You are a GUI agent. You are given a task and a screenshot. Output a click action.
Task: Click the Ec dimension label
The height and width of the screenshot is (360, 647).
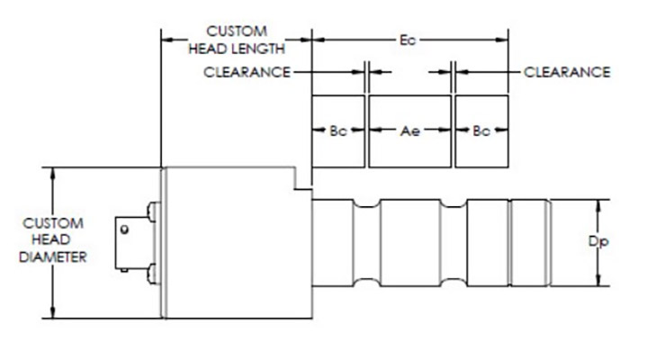408,40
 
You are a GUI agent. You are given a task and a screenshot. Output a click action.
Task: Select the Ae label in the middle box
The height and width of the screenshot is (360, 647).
410,130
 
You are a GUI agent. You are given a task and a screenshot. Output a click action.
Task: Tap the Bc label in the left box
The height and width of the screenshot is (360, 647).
337,130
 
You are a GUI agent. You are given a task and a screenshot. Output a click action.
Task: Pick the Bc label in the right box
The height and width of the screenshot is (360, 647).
481,130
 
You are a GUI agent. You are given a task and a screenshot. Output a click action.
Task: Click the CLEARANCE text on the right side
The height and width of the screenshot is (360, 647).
567,72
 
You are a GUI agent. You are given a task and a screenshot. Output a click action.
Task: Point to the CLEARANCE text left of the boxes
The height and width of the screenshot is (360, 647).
247,72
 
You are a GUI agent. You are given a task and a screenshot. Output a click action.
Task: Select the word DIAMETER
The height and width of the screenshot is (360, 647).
52,257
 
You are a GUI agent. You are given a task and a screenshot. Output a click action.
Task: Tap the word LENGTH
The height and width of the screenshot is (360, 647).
261,49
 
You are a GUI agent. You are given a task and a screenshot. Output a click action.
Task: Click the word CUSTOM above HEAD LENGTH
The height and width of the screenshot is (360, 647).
235,31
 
